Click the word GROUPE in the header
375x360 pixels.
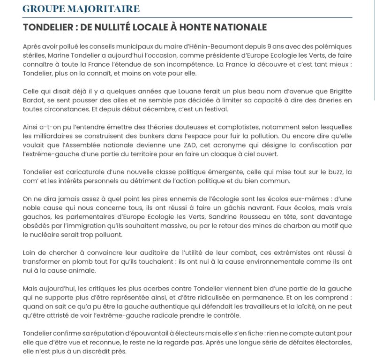[42, 9]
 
